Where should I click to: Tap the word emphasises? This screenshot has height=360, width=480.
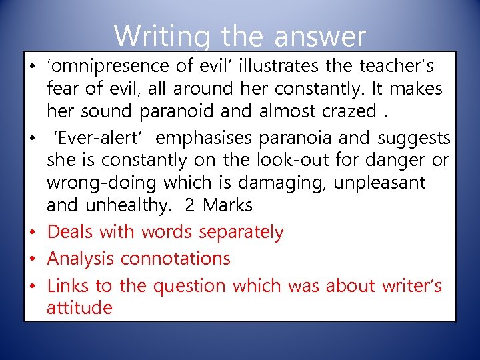pyautogui.click(x=209, y=138)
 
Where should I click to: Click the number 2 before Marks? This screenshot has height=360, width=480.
pyautogui.click(x=190, y=205)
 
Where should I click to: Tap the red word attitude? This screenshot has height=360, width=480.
pyautogui.click(x=79, y=307)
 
